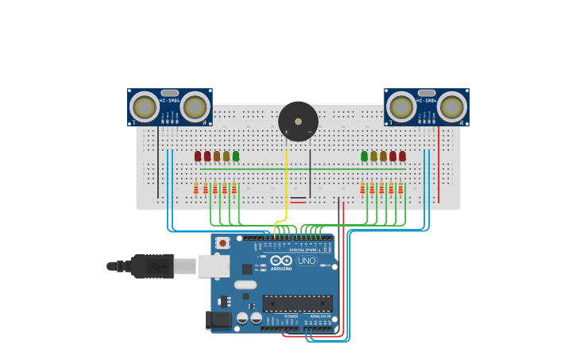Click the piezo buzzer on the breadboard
(298, 122)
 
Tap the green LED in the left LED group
(236, 156)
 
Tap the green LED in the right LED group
(365, 156)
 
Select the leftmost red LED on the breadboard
(198, 156)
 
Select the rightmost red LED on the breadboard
(402, 156)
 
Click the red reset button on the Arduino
(222, 242)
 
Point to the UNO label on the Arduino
(306, 261)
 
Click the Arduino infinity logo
(281, 261)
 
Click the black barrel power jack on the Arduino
(218, 320)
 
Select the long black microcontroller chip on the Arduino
(297, 304)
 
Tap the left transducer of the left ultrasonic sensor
(145, 107)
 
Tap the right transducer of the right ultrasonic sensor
(451, 107)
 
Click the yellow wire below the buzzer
(286, 183)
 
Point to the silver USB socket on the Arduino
(214, 266)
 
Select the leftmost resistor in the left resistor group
(196, 188)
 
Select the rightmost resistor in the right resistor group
(400, 188)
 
